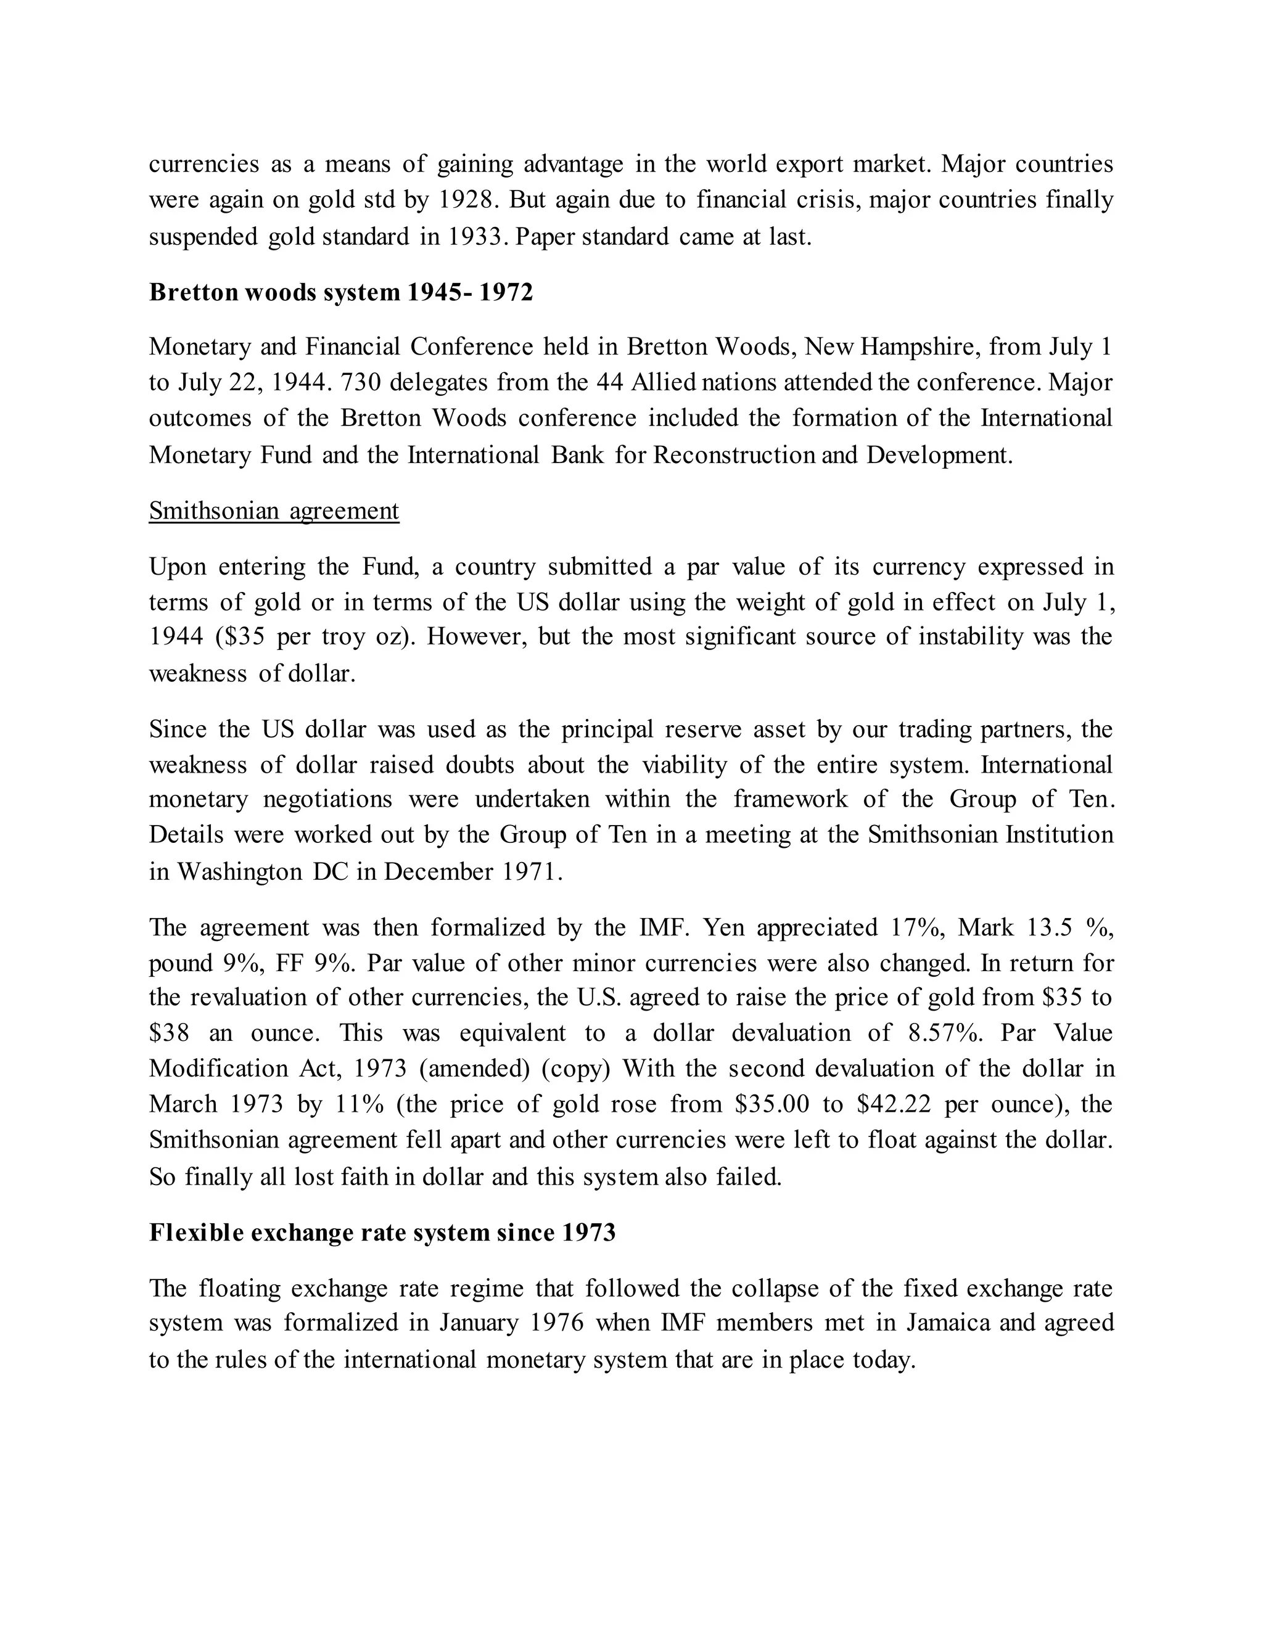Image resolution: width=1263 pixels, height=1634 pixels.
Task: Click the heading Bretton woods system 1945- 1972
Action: point(340,292)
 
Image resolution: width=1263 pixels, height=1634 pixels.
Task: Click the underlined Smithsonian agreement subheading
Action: point(274,511)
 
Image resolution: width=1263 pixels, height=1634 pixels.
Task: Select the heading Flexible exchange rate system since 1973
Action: point(382,1232)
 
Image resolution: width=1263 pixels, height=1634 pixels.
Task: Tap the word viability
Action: point(684,765)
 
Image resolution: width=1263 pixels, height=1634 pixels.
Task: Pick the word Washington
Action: point(239,872)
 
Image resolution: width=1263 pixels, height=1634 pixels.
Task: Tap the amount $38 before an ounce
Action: point(168,1033)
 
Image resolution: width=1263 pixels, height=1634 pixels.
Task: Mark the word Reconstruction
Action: point(734,456)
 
